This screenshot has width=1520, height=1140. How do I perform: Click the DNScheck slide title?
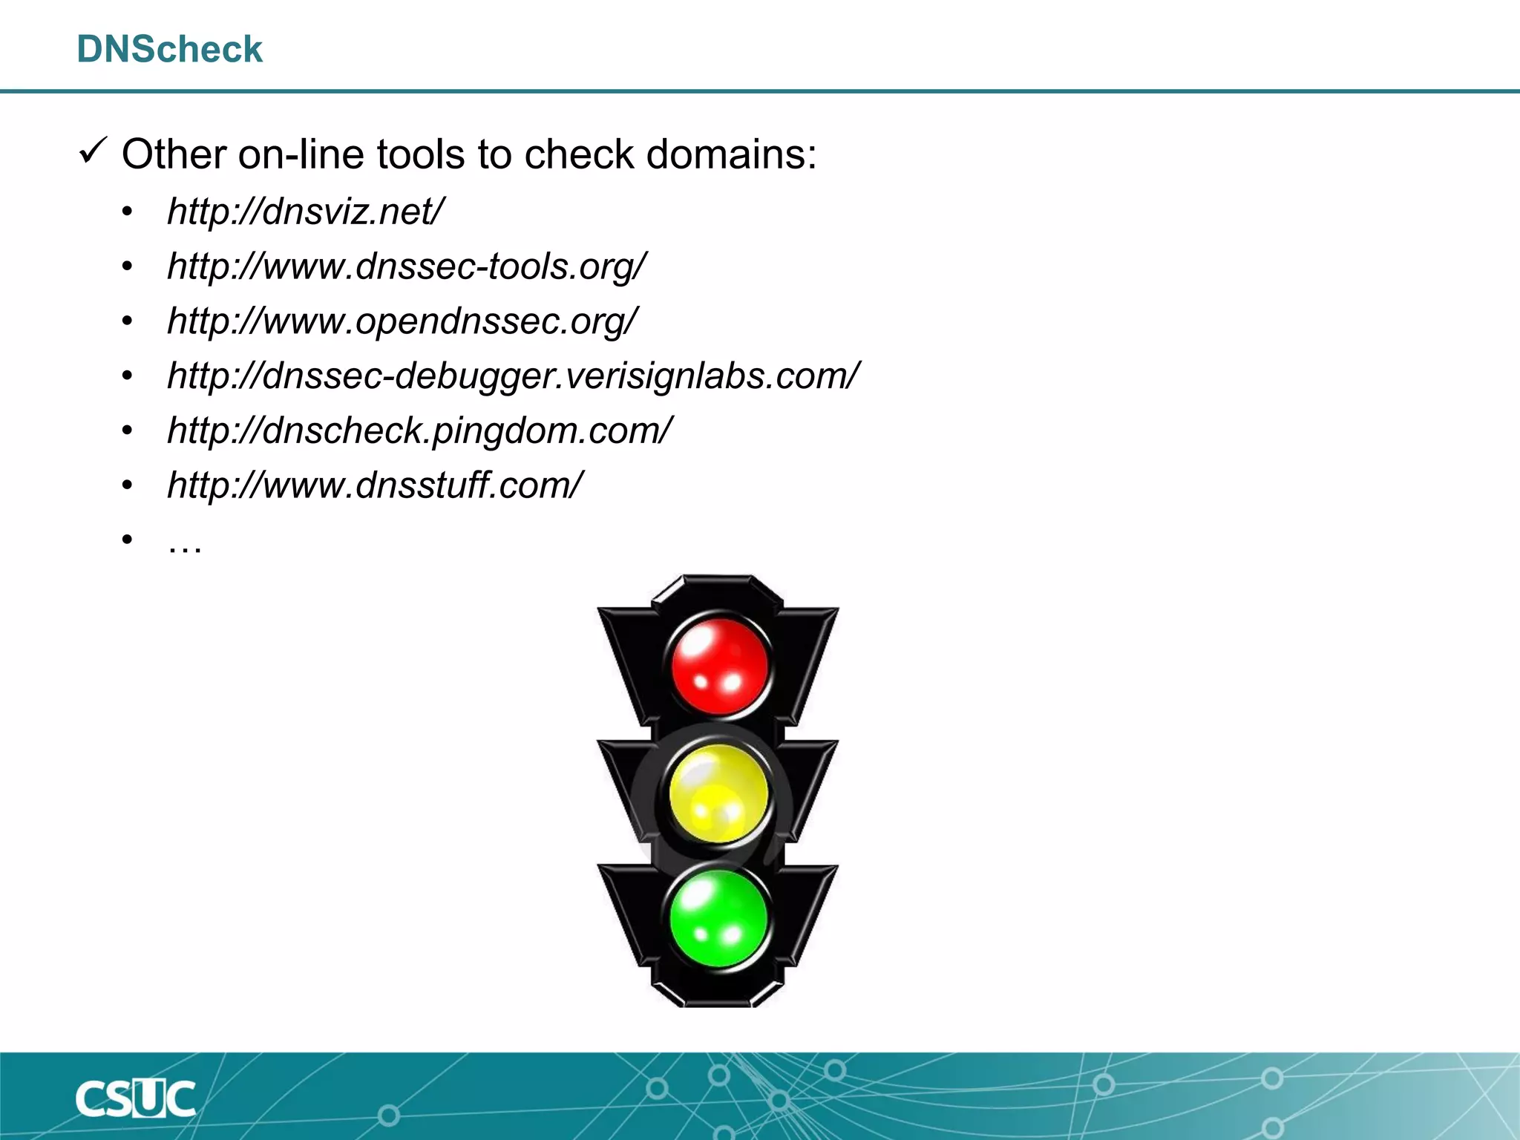pyautogui.click(x=169, y=50)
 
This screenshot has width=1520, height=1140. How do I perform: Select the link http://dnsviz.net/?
pyautogui.click(x=305, y=212)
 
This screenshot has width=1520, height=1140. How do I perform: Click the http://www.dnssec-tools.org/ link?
pyautogui.click(x=407, y=266)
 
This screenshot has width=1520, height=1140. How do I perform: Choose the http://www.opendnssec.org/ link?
pyautogui.click(x=402, y=321)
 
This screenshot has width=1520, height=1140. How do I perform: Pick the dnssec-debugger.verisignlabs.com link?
pyautogui.click(x=513, y=376)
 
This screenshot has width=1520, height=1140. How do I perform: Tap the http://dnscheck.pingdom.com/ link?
pyautogui.click(x=419, y=430)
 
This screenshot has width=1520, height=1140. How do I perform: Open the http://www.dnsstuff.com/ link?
pyautogui.click(x=375, y=485)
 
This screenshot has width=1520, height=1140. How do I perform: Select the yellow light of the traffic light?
pyautogui.click(x=718, y=793)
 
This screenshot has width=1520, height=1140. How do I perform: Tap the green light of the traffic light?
pyautogui.click(x=718, y=919)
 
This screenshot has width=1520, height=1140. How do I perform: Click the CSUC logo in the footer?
pyautogui.click(x=135, y=1098)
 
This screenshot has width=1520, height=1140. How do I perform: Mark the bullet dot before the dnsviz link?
pyautogui.click(x=128, y=212)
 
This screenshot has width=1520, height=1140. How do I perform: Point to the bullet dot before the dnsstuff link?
pyautogui.click(x=128, y=486)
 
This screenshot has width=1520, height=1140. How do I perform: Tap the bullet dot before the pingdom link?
pyautogui.click(x=128, y=431)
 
